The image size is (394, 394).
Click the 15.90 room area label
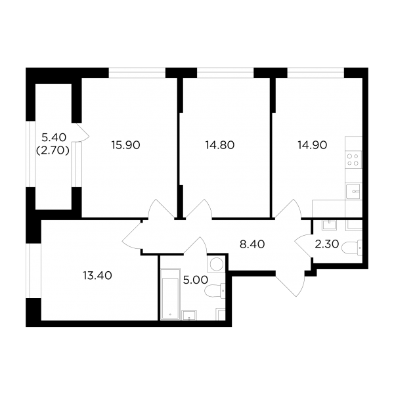[125, 145]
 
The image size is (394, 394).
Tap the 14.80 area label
[220, 145]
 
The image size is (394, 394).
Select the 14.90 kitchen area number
[313, 145]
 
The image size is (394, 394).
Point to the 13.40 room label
[97, 276]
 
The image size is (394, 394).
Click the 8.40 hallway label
[252, 244]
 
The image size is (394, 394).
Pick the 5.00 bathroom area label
[196, 280]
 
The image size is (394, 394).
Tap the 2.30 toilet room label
[327, 244]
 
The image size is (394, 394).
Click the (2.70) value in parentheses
[53, 150]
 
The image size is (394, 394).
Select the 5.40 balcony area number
[54, 137]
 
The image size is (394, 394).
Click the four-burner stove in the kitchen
[353, 160]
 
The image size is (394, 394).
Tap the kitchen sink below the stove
[353, 191]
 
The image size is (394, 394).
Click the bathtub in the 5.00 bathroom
[170, 294]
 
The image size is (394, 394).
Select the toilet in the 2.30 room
[352, 248]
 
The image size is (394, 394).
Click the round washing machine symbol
[216, 263]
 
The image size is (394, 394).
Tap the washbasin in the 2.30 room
[330, 225]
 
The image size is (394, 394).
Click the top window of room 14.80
[225, 73]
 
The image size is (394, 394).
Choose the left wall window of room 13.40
[30, 271]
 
